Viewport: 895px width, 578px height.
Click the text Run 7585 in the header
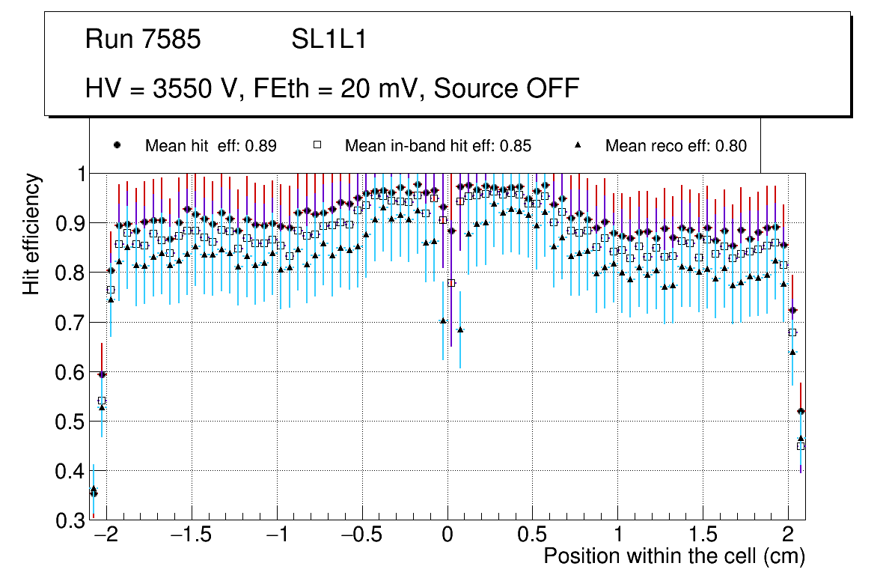click(143, 39)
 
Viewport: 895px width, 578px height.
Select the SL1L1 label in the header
click(329, 39)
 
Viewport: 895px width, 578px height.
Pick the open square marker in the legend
click(317, 146)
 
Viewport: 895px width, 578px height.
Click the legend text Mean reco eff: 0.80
click(676, 146)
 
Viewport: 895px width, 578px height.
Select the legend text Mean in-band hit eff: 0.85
click(438, 146)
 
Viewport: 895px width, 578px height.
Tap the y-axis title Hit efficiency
click(31, 234)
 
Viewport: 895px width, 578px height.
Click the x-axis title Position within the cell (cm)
click(674, 556)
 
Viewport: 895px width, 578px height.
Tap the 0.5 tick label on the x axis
click(533, 536)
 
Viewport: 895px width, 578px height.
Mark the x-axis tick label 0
click(447, 536)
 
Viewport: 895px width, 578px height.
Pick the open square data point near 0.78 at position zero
click(451, 283)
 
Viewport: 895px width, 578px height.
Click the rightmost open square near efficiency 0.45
click(801, 446)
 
